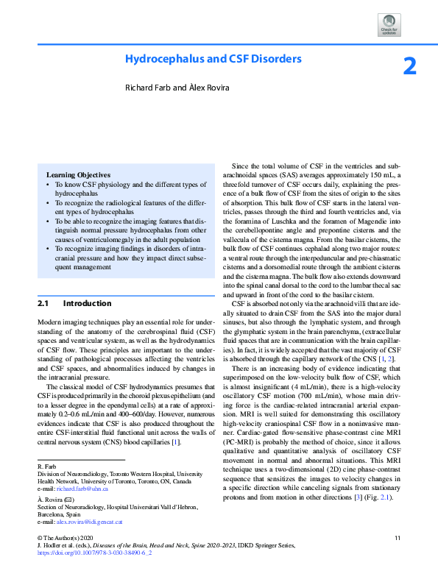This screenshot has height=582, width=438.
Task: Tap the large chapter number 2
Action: (x=410, y=67)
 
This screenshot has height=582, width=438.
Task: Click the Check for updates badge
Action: (x=389, y=24)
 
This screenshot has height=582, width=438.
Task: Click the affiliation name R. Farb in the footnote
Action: (x=47, y=447)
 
